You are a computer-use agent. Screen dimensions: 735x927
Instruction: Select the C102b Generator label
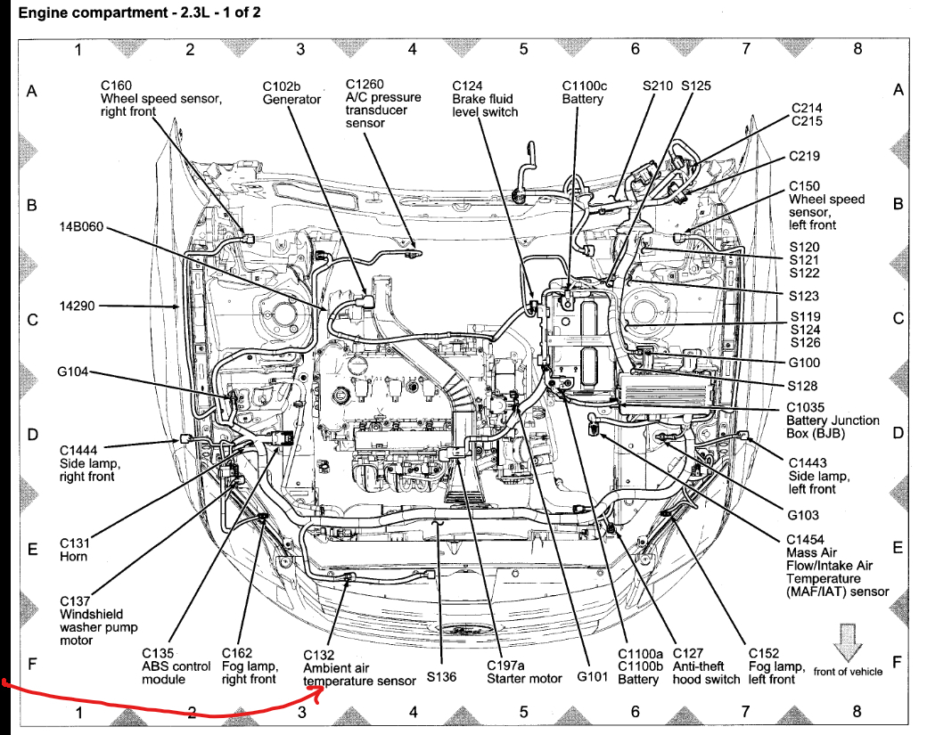tap(291, 93)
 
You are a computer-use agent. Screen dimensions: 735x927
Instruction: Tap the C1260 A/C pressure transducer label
tap(383, 103)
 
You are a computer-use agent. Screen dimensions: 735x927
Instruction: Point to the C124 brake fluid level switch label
tap(484, 99)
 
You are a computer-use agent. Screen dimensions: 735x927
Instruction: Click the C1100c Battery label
tap(583, 93)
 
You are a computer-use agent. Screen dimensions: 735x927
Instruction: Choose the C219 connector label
tap(804, 156)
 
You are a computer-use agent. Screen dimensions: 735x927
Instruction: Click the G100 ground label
tap(804, 363)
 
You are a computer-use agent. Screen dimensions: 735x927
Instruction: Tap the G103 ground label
tap(803, 515)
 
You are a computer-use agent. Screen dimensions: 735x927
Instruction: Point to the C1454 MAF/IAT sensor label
tap(836, 566)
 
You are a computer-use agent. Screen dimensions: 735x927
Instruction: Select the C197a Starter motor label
tap(524, 672)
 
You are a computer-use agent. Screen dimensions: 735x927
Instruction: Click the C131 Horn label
tap(74, 549)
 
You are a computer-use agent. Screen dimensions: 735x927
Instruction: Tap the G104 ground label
tap(73, 372)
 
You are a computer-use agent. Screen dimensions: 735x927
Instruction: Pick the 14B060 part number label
tap(81, 226)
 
